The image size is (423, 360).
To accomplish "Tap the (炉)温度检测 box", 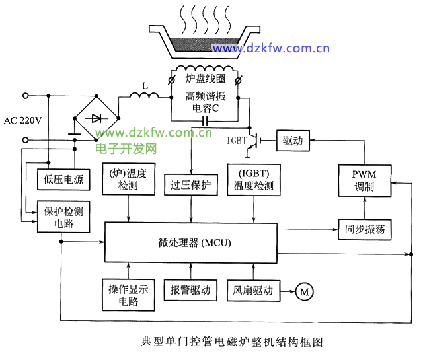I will (x=128, y=180).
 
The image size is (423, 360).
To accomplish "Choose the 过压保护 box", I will (x=191, y=185).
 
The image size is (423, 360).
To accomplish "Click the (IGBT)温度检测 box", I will (x=253, y=180).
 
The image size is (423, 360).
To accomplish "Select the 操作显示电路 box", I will (x=129, y=295).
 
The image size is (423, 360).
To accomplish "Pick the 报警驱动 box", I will (x=190, y=290).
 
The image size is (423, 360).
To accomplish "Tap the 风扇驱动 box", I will (x=253, y=290).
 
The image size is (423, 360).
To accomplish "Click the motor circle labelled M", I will (x=305, y=291).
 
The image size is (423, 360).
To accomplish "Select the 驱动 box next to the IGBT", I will (x=292, y=140).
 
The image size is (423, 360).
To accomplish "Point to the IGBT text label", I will (x=236, y=141).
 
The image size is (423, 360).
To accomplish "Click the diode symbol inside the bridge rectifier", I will (x=96, y=119).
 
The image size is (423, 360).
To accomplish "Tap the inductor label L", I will (x=144, y=85).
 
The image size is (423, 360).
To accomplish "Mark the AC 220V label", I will (x=23, y=120).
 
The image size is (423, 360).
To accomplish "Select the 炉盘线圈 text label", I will (x=203, y=79).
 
